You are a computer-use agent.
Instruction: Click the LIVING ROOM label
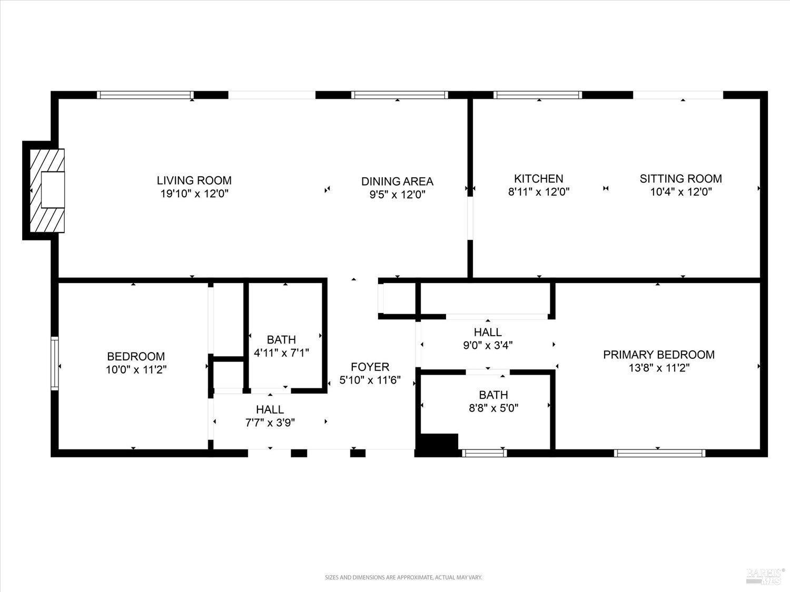[194, 180]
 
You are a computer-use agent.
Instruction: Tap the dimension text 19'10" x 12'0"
[194, 194]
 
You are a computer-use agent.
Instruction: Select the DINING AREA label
[397, 182]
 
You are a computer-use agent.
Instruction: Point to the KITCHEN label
[539, 179]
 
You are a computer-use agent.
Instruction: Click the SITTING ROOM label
[680, 179]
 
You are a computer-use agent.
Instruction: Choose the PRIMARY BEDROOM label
[659, 355]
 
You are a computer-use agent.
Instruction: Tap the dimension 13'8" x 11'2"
[659, 368]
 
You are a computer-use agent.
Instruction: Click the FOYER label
[370, 367]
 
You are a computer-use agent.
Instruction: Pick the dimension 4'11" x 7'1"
[281, 353]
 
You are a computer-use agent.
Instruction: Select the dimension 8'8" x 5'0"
[493, 408]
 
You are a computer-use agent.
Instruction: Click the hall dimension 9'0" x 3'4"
[488, 346]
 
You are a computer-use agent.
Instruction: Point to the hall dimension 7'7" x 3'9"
[270, 423]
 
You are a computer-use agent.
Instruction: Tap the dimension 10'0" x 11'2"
[136, 369]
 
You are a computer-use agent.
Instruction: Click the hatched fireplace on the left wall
[47, 190]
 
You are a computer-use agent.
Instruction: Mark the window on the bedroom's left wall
[54, 363]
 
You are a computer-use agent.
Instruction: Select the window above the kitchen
[538, 95]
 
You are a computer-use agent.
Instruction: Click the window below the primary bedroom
[660, 453]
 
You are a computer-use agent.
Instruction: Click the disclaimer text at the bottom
[403, 577]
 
